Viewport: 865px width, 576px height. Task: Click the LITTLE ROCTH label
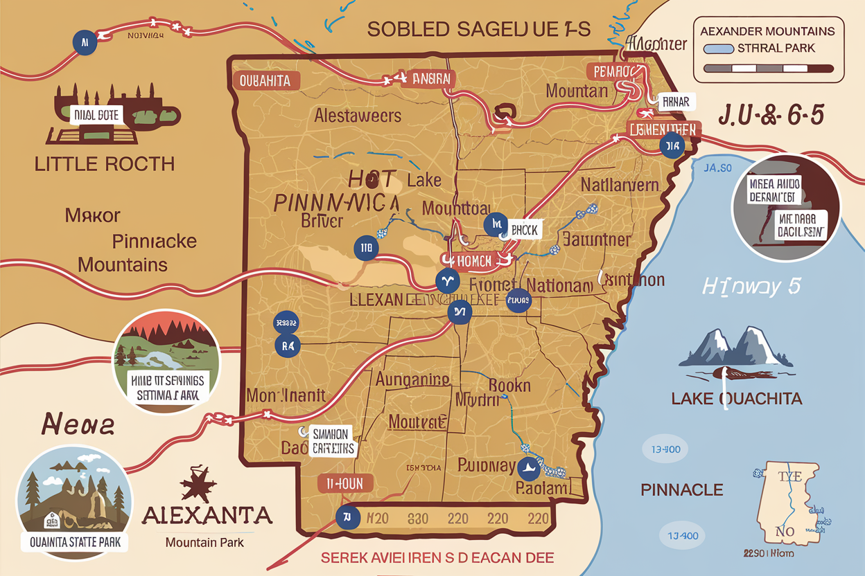(x=104, y=164)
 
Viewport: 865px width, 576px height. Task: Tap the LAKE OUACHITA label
(x=737, y=399)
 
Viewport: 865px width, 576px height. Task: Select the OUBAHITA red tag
(x=265, y=81)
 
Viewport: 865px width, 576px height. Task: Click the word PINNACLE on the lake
(x=681, y=490)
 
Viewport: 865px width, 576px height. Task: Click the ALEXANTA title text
(x=207, y=516)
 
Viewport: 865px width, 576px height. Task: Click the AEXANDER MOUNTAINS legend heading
(x=767, y=31)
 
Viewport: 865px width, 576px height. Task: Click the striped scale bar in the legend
(x=768, y=69)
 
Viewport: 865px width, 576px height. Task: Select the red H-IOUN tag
(x=345, y=484)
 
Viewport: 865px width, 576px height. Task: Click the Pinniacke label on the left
(x=154, y=242)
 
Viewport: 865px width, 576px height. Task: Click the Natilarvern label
(x=619, y=185)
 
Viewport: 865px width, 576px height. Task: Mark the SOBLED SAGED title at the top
(x=478, y=29)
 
